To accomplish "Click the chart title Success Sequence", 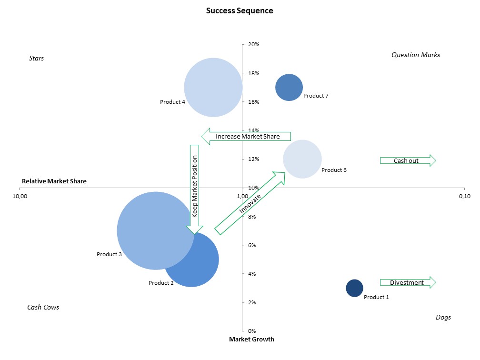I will [x=240, y=10].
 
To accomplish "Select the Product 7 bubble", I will [x=289, y=88].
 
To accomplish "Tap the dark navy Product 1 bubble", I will [x=354, y=288].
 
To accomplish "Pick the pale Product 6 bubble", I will [x=302, y=159].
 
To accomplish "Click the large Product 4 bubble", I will [x=213, y=88].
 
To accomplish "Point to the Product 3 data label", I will [x=109, y=254].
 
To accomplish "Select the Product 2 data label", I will [x=161, y=283].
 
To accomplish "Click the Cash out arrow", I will [x=408, y=160].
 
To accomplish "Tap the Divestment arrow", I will [x=408, y=282].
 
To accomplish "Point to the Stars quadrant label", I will [x=36, y=58].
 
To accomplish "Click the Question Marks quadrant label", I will [x=416, y=55].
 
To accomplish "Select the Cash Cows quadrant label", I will [x=43, y=307].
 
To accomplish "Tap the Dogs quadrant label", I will [x=443, y=317].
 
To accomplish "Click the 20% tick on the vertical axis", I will [x=253, y=44].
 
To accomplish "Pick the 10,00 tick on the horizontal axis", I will [x=20, y=196].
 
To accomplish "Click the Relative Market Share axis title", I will [x=54, y=181].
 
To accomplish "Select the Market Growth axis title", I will [x=251, y=339].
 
